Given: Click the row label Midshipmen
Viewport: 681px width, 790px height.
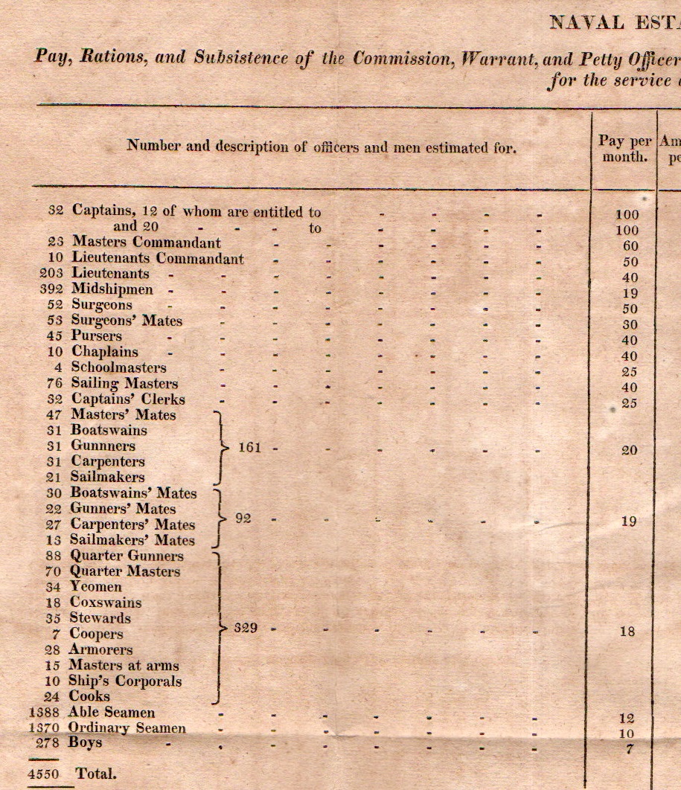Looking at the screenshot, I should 112,289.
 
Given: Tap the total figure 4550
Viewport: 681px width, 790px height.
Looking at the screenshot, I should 43,774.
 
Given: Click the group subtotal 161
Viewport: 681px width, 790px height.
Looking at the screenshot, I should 249,448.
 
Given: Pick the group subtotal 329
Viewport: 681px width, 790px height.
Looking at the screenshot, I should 246,629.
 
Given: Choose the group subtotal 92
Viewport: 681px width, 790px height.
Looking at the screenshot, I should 243,519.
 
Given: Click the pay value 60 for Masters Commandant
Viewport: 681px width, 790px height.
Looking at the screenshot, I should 629,246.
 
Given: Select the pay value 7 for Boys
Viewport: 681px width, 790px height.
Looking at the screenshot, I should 630,749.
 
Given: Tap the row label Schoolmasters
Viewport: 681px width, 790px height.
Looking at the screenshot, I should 119,367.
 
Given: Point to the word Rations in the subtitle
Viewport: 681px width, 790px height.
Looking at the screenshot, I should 117,58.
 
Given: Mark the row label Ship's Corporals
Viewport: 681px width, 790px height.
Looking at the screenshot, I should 125,681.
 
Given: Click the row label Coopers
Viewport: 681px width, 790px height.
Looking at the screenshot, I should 97,634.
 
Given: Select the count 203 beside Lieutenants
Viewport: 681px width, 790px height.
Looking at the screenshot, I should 52,274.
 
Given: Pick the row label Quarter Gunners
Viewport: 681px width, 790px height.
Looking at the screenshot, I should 127,556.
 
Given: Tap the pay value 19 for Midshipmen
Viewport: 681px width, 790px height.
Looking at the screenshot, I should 629,294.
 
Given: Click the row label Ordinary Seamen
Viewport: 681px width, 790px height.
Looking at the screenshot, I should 127,728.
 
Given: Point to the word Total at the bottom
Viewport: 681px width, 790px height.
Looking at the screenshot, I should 96,774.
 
